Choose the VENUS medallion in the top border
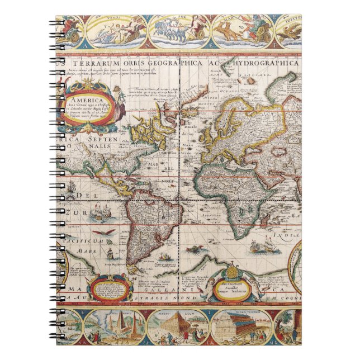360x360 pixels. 117,31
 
